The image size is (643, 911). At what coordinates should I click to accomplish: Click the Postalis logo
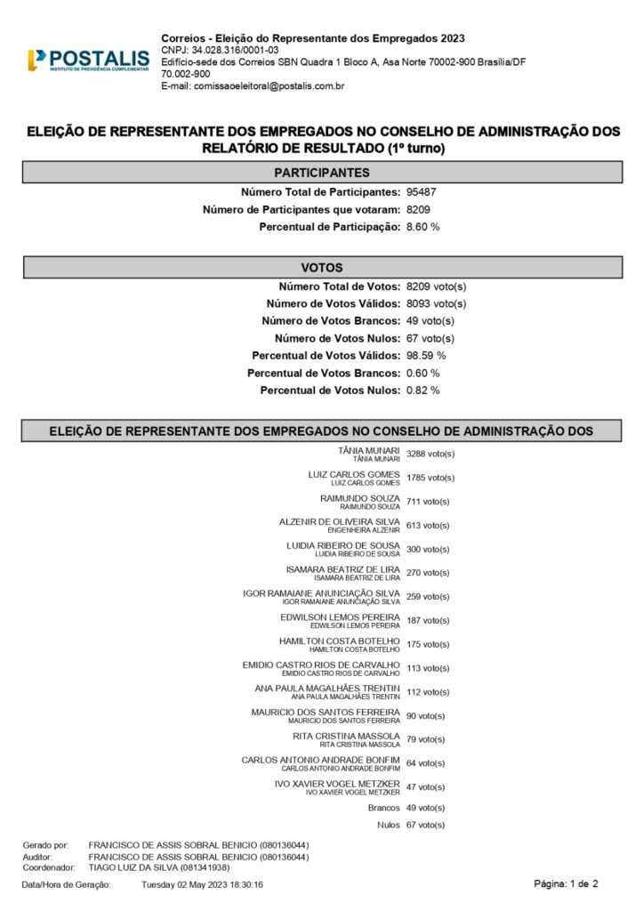(88, 60)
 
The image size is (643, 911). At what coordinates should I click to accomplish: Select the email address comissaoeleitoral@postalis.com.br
(253, 86)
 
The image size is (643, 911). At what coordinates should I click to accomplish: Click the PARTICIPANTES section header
(321, 173)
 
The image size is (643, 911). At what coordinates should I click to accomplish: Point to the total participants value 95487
(422, 192)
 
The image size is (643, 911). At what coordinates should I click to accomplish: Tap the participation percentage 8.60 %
(422, 228)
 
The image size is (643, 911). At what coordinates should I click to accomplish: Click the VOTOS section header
(321, 267)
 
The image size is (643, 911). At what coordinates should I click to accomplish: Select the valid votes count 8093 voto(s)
(436, 303)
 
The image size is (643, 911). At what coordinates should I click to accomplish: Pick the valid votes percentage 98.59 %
(426, 356)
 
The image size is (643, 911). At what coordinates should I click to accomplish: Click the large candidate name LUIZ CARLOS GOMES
(353, 475)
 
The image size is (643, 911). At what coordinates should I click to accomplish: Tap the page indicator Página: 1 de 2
(567, 883)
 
